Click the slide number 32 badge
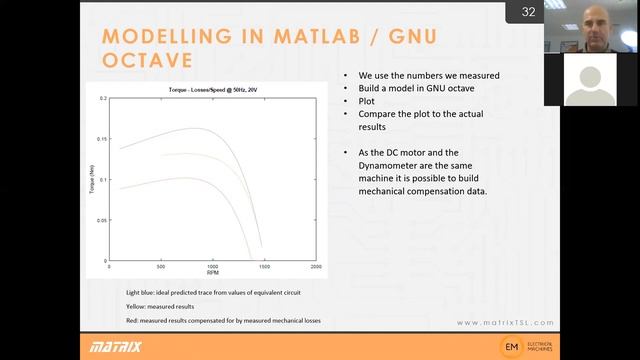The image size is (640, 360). pyautogui.click(x=527, y=12)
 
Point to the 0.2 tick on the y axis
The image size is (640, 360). pyautogui.click(x=102, y=100)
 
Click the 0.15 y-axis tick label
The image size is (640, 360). pyautogui.click(x=101, y=141)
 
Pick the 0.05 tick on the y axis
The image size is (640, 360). pyautogui.click(x=101, y=221)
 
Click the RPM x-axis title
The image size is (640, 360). pyautogui.click(x=212, y=273)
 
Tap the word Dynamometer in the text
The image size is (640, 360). pyautogui.click(x=387, y=164)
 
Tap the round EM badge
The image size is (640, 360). pyautogui.click(x=512, y=346)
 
